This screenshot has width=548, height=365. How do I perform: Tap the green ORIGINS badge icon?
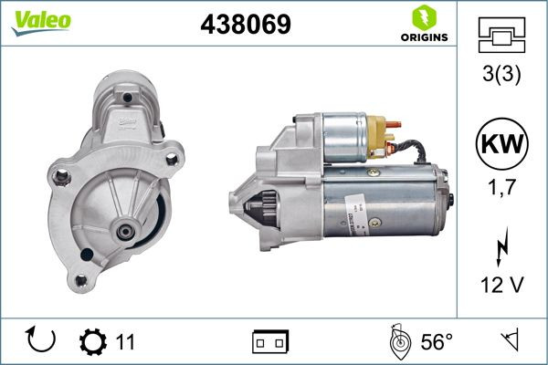coord(423,17)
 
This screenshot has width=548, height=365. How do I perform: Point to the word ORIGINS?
coord(423,38)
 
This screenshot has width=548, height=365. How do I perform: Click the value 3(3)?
coord(501,77)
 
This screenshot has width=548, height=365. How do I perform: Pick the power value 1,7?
coord(501,189)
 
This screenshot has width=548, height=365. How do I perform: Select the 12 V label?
coord(501,285)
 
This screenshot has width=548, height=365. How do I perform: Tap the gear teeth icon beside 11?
coord(93,341)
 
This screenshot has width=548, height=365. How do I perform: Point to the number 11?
coord(125,342)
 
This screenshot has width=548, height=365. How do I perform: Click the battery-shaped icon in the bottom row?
coord(270,342)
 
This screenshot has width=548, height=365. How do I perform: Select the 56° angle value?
coord(437,342)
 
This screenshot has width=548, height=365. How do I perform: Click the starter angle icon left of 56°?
coord(398,341)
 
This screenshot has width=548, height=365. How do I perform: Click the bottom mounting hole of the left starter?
coord(79,279)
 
